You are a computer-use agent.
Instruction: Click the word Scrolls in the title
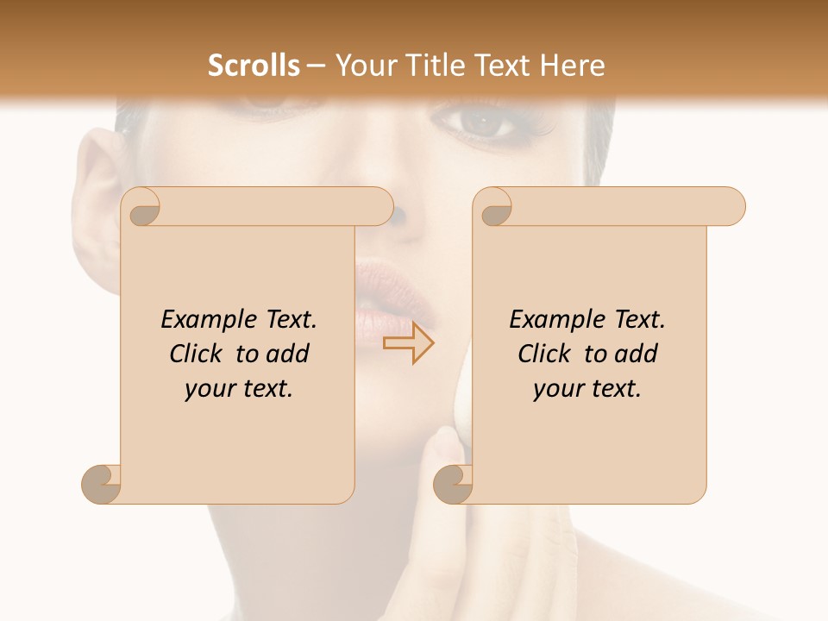coord(254,66)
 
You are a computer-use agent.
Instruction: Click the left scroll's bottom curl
coord(102,483)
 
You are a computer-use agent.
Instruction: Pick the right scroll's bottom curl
coord(453,483)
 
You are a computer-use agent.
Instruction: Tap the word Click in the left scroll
coord(195,354)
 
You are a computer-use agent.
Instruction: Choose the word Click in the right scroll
coord(543,354)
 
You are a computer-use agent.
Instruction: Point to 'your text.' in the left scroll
coord(239,389)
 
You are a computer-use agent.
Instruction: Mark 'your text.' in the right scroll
coord(587,389)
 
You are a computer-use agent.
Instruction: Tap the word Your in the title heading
coord(364,66)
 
